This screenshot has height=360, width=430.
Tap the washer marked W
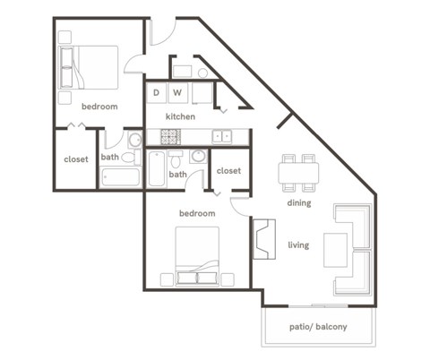(177, 92)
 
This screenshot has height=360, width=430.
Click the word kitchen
(180, 116)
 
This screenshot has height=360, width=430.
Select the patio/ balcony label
(319, 327)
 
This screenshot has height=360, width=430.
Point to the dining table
(298, 172)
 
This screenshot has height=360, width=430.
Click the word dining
(299, 202)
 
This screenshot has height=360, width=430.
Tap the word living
(298, 244)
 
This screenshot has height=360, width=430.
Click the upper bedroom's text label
(99, 107)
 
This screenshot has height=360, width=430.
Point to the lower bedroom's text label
(196, 213)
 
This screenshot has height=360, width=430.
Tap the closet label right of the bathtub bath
(228, 170)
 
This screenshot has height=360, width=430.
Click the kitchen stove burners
(170, 136)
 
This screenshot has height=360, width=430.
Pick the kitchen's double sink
(222, 136)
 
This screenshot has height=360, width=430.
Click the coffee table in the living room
(335, 248)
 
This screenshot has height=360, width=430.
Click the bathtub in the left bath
(121, 176)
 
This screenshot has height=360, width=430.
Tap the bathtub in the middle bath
(157, 167)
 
